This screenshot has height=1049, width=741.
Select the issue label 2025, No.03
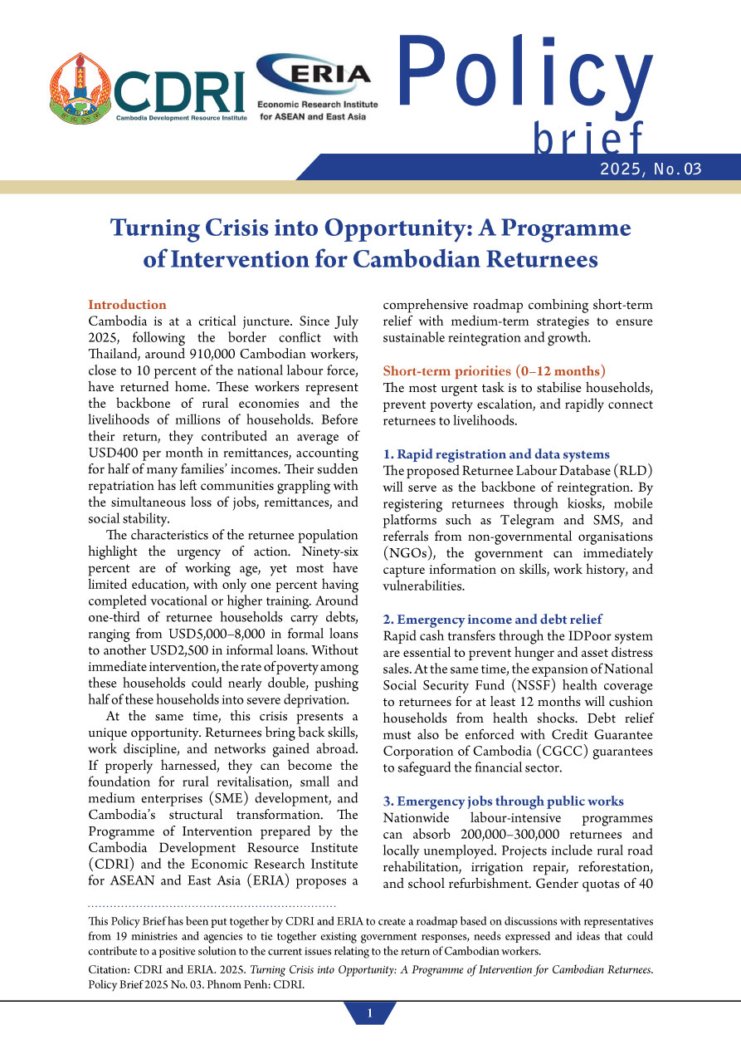pos(654,169)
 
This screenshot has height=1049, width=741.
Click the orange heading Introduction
pos(127,305)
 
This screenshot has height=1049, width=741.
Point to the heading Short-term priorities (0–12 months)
pos(494,370)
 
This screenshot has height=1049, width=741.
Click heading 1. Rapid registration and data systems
pos(496,454)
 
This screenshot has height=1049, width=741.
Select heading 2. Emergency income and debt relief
pos(492,619)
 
